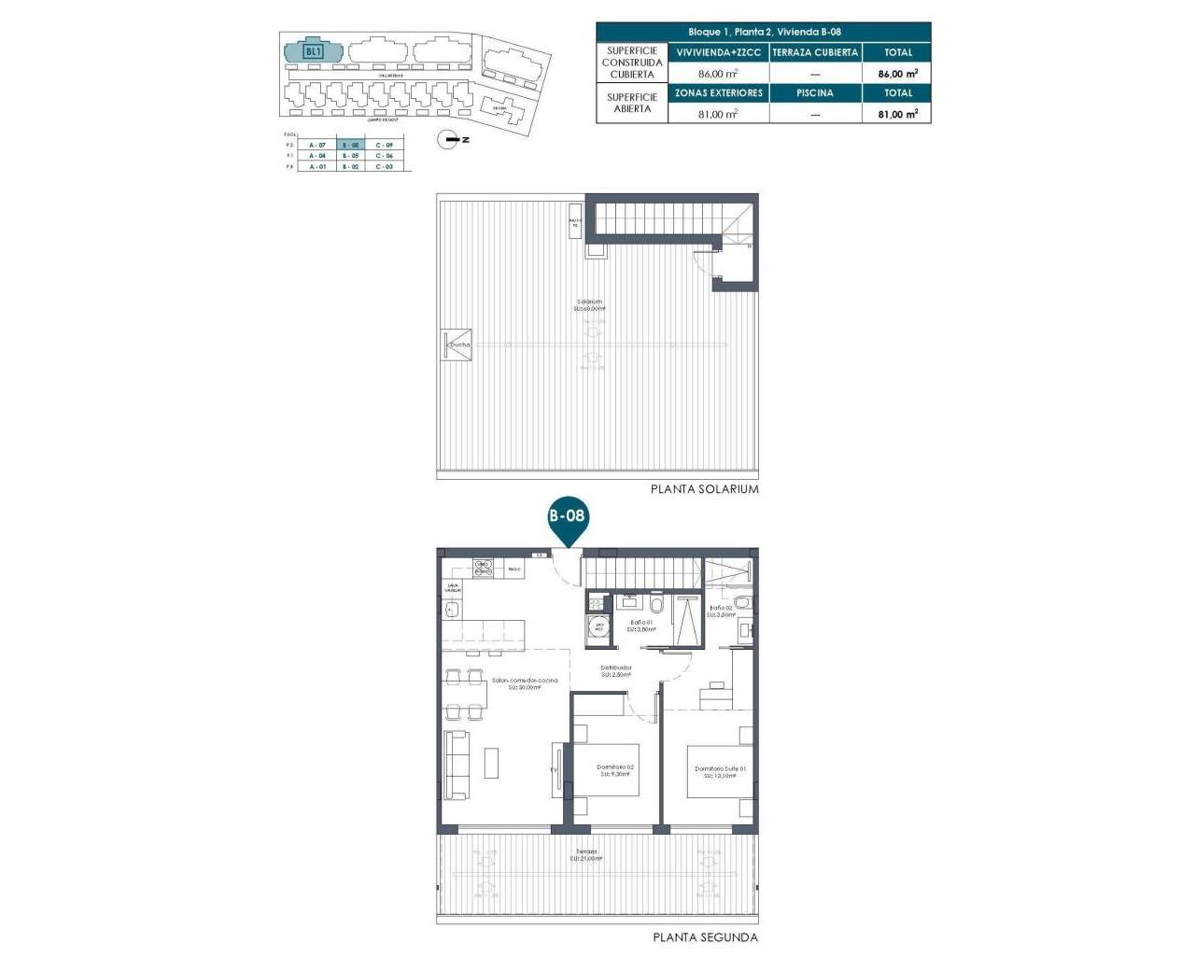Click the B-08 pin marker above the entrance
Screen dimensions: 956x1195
567,516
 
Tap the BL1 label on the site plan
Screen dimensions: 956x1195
313,51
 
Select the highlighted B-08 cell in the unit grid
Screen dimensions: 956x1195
350,146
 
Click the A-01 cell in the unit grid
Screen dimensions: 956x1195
317,166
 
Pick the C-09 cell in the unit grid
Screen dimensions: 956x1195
385,146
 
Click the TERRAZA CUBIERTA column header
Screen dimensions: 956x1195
815,52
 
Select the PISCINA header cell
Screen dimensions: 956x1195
815,93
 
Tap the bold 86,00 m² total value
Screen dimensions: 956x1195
897,73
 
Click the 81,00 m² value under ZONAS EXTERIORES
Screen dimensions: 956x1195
718,114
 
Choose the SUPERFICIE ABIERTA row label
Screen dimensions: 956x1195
632,103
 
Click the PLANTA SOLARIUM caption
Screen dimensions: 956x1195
704,489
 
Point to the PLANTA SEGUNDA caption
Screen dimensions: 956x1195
705,937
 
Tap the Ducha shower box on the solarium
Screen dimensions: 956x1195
457,344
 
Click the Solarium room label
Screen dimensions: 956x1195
590,304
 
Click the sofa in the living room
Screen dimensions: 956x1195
456,765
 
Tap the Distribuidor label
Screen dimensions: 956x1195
616,669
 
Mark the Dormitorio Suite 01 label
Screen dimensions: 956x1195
720,771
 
